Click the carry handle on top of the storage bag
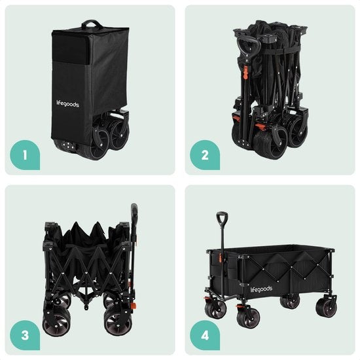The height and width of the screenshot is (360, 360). pyautogui.click(x=92, y=25)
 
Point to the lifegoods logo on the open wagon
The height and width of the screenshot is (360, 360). pyautogui.click(x=262, y=288)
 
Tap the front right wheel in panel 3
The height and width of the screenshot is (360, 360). pyautogui.click(x=118, y=321)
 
